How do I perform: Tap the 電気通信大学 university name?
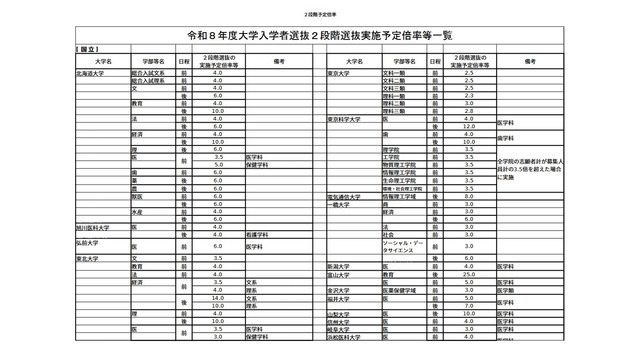[x=347, y=197]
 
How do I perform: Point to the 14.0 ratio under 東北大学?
[x=217, y=297]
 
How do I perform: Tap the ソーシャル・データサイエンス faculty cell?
[x=405, y=246]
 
